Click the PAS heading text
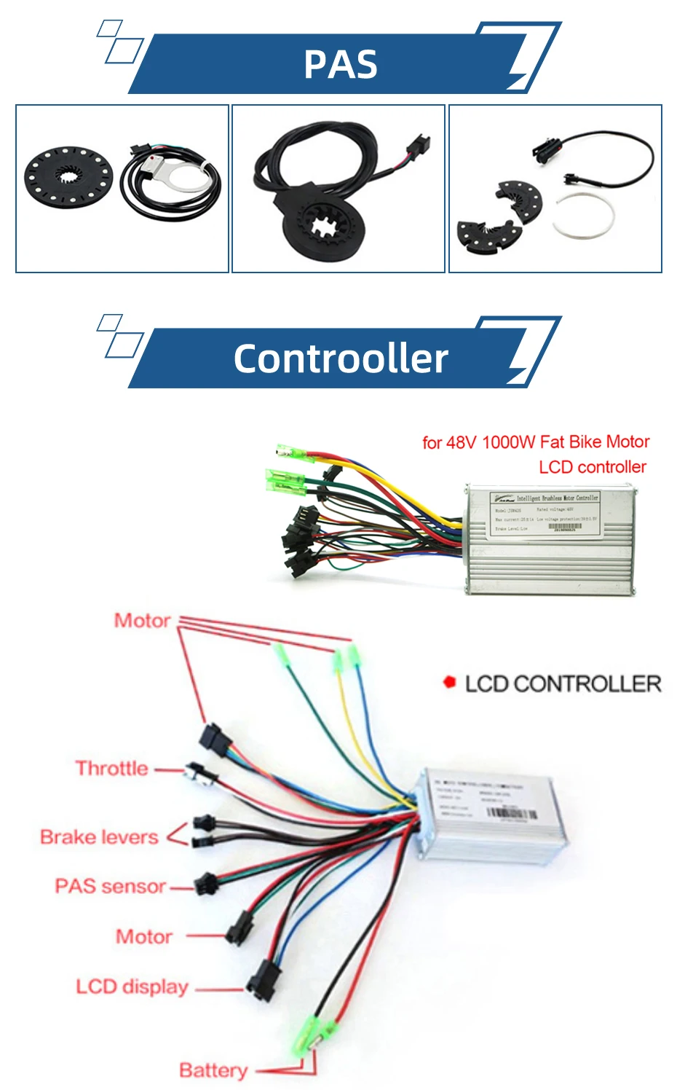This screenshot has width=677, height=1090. coord(341,64)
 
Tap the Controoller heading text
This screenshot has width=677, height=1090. coord(341,358)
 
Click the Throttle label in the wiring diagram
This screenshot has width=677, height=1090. coord(112,769)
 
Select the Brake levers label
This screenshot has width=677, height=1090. coord(99,837)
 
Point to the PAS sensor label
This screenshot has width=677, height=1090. coord(111,887)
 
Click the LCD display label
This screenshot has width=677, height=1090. coord(132,987)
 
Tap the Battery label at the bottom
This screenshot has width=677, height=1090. coord(213,1070)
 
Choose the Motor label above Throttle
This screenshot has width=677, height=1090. coord(143,621)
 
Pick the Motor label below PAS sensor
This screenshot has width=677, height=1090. coord(144,936)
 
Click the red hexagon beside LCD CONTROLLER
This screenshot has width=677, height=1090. coord(449,683)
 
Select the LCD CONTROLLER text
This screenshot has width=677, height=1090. coord(563,684)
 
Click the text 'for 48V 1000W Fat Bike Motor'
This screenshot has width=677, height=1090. coord(536,442)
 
